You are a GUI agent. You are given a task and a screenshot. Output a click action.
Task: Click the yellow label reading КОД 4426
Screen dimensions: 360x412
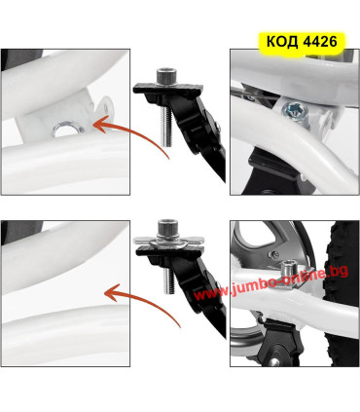(302, 42)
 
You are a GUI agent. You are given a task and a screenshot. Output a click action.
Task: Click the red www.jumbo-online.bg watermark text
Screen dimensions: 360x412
(271, 282)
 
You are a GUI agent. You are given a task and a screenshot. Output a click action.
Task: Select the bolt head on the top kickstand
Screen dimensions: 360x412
(165, 76)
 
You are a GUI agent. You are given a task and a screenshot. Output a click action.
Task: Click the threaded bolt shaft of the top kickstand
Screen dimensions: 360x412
(166, 127)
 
